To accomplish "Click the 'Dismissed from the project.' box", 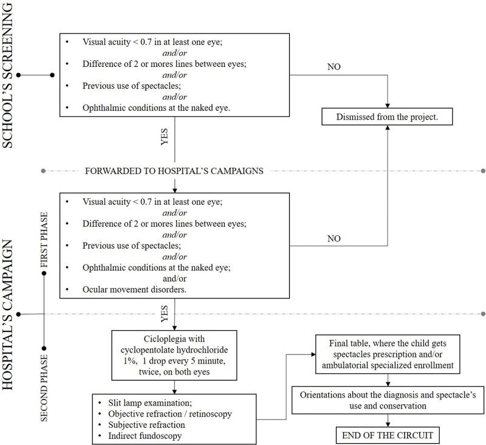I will click(388, 116).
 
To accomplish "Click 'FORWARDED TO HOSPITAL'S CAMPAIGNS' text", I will click(174, 171).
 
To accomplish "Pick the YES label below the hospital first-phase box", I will click(163, 314).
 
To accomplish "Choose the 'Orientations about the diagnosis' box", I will click(388, 398).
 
